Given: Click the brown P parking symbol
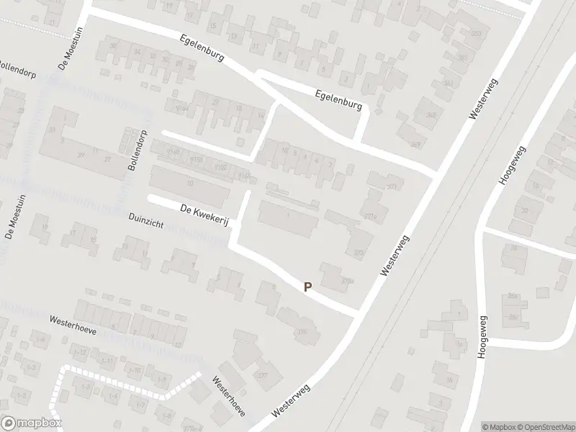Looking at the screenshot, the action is tap(307, 287).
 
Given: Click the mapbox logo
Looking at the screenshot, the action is tap(31, 423).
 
